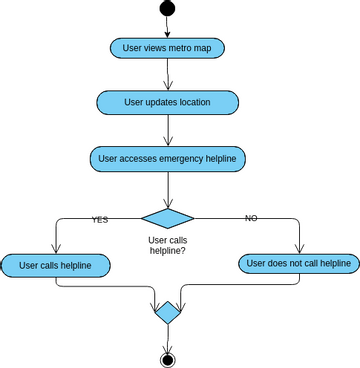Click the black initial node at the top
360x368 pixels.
(x=167, y=8)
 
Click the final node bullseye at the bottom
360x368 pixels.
(x=167, y=359)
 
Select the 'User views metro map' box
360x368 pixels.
(x=167, y=48)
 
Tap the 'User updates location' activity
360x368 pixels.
(x=167, y=103)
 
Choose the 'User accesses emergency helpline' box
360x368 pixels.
(x=167, y=158)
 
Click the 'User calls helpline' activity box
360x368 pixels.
(x=56, y=265)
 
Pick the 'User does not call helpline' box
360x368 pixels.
(x=298, y=264)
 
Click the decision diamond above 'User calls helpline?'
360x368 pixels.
(x=167, y=218)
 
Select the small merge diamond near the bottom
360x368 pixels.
(x=167, y=313)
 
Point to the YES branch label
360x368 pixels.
(x=100, y=219)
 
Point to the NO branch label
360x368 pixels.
(x=251, y=218)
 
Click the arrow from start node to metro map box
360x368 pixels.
(x=167, y=27)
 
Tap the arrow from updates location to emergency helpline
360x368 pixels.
(x=167, y=130)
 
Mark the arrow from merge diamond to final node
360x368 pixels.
(x=167, y=338)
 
